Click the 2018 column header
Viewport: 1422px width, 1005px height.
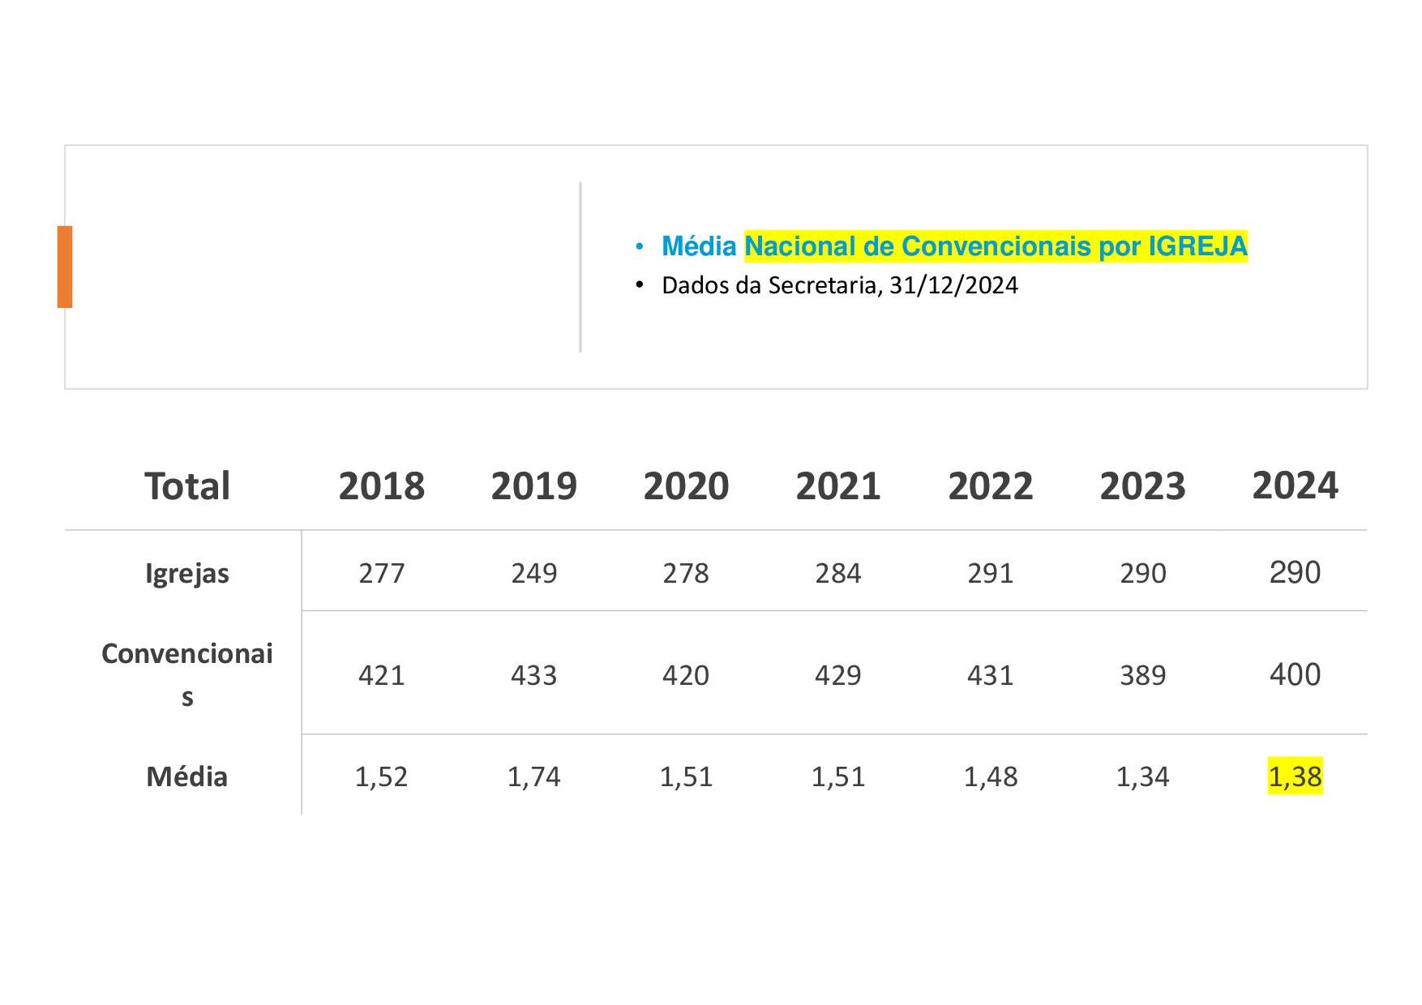coord(381,486)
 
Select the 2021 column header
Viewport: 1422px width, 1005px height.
coord(838,486)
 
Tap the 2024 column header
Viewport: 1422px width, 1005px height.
coord(1295,485)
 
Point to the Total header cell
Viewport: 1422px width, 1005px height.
coord(187,486)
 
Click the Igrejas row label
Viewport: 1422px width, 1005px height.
coord(187,574)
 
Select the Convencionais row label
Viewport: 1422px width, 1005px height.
coord(187,674)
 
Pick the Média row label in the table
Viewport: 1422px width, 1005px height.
coord(186,776)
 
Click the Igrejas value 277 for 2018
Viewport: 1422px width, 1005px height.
coord(381,573)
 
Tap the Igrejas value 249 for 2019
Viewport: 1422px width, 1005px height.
coord(533,573)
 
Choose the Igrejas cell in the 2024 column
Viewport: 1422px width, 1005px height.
coord(1295,572)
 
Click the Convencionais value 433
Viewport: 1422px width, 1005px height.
coord(533,675)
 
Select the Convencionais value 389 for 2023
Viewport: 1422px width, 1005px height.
coord(1142,675)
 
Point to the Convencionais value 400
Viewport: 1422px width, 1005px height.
coord(1295,674)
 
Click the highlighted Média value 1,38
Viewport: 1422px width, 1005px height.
coord(1295,776)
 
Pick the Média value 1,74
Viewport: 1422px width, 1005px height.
coord(533,776)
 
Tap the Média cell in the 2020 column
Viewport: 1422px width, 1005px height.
coord(686,776)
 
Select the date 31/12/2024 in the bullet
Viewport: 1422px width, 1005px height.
coord(953,285)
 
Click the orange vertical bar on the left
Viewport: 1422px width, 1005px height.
coord(65,267)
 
